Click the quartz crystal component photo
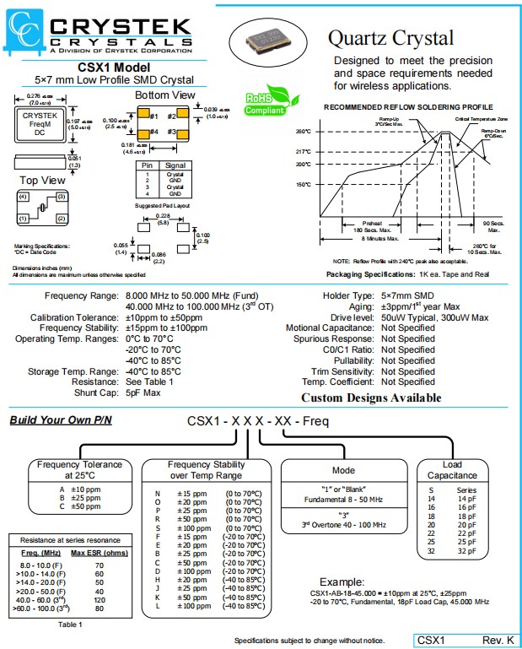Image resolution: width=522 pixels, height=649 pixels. [266, 37]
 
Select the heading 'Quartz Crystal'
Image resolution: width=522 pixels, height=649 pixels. [390, 38]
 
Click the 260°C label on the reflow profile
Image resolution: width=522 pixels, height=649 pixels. [304, 132]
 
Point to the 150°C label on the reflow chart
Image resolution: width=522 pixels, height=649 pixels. [304, 184]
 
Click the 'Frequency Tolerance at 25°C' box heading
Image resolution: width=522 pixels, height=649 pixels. [79, 469]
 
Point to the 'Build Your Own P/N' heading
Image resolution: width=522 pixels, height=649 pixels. [60, 420]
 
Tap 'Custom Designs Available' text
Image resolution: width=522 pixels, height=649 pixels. [371, 398]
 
